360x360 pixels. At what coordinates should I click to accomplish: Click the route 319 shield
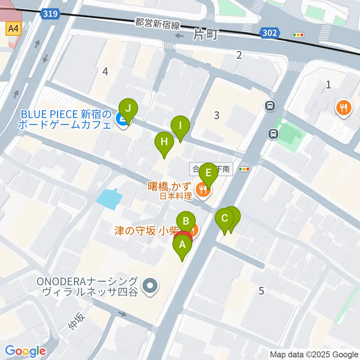pos(50,14)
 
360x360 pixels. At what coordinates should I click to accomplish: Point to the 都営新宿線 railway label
pos(157,25)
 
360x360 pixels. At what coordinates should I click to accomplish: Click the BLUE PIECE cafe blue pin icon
pos(121,120)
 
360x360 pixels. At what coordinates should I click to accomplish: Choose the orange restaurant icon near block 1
pos(343,108)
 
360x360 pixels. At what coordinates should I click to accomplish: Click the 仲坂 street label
pos(77,321)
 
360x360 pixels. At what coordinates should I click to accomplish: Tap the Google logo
pos(25,351)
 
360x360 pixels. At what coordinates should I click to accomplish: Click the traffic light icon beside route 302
pos(298,35)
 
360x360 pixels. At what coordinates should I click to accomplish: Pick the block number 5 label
pos(261,290)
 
